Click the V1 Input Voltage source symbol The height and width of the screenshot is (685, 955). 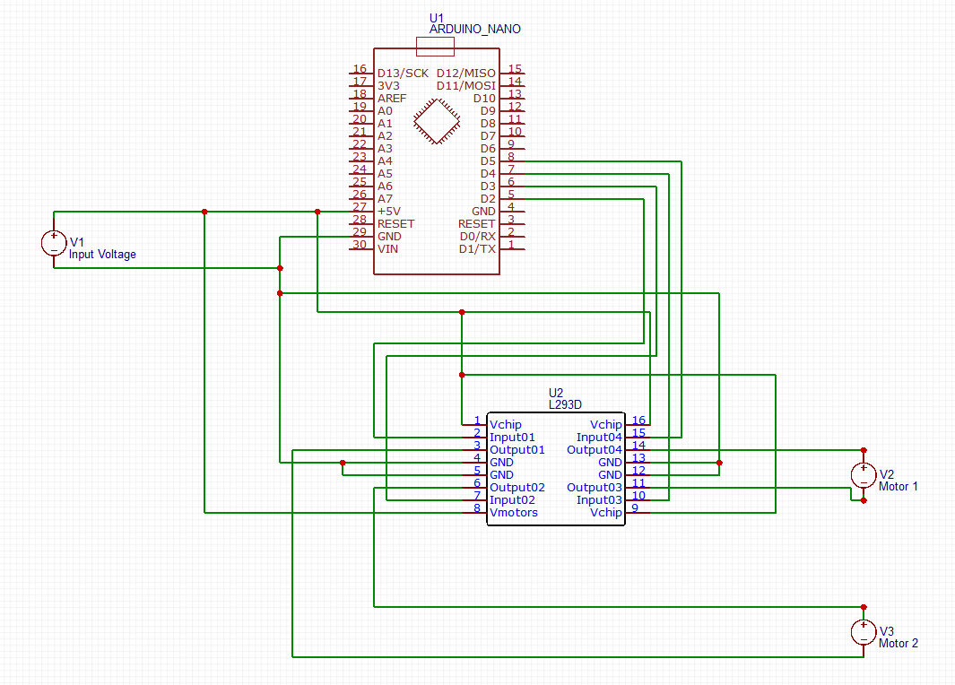(54, 243)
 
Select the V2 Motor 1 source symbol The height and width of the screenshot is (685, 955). (864, 475)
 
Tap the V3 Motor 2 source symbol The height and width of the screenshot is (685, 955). (864, 632)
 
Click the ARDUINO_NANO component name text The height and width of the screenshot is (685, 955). (474, 30)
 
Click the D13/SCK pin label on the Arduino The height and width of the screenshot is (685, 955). (403, 73)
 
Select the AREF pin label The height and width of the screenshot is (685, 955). (392, 98)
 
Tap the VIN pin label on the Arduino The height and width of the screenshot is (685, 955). (387, 248)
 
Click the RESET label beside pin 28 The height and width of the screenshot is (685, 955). (395, 223)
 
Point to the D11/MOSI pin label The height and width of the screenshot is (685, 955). (465, 85)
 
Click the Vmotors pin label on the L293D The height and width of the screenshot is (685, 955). (514, 512)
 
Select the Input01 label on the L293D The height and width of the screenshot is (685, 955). (512, 437)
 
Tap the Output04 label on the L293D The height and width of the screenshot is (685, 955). (595, 449)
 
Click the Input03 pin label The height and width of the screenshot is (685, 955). (599, 499)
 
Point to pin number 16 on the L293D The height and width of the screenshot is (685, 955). (638, 420)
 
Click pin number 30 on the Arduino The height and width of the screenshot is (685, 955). (360, 244)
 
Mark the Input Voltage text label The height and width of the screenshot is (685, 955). (103, 255)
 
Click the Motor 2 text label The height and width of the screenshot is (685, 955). (899, 643)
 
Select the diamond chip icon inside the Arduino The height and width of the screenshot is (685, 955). (437, 120)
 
